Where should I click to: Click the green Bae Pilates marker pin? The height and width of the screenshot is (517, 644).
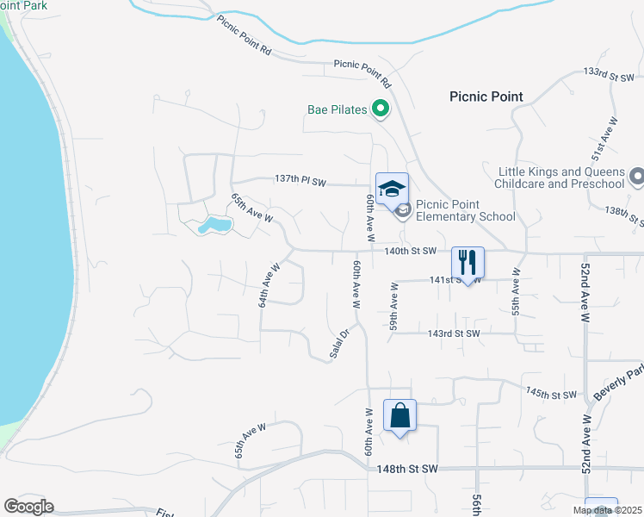(381, 109)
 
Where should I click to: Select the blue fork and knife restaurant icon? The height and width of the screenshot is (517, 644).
(468, 262)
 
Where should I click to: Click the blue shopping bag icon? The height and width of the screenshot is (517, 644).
(399, 416)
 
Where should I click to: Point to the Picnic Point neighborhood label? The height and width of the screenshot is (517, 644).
(486, 97)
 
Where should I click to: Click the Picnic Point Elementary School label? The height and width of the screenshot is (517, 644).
(465, 211)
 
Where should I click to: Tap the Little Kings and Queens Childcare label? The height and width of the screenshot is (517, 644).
(560, 178)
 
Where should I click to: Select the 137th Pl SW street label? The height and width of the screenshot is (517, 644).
(300, 179)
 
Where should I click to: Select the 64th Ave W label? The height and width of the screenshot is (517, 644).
(269, 285)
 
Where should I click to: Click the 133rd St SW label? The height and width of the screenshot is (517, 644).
(608, 77)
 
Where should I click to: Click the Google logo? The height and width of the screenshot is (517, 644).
(28, 507)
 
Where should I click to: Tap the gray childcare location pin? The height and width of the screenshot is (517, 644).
(637, 177)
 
